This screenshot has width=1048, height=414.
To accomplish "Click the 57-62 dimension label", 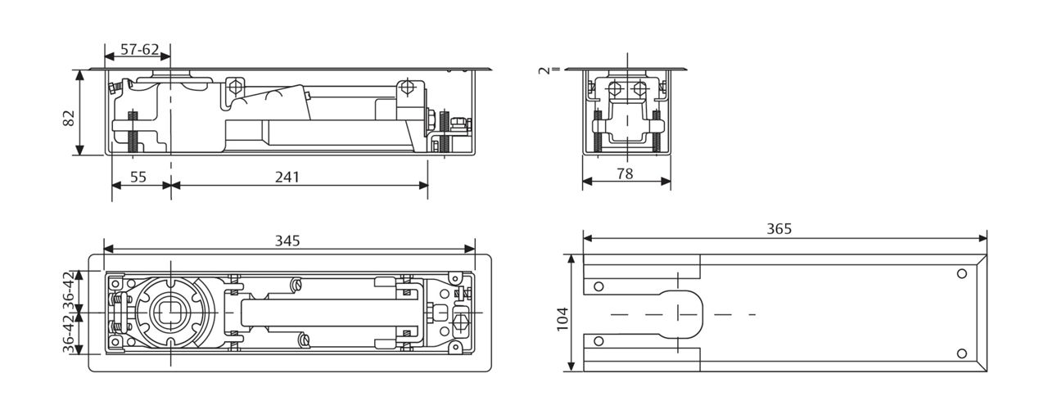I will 139,49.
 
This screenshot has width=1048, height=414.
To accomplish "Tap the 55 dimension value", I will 139,177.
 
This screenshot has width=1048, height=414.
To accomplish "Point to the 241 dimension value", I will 287,177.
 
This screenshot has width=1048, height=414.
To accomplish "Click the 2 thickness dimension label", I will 544,70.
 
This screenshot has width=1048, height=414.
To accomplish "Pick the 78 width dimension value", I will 625,174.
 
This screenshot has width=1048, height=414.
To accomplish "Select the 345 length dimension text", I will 287,241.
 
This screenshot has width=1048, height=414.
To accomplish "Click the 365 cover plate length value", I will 779,229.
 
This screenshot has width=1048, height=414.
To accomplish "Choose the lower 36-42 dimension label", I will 69,335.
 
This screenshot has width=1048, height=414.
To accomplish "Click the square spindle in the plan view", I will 170,313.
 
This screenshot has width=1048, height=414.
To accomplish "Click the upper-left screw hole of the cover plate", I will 599,286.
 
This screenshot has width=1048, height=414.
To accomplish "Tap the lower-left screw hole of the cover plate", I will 599,341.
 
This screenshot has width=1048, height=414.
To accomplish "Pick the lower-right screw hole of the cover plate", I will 961,353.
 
